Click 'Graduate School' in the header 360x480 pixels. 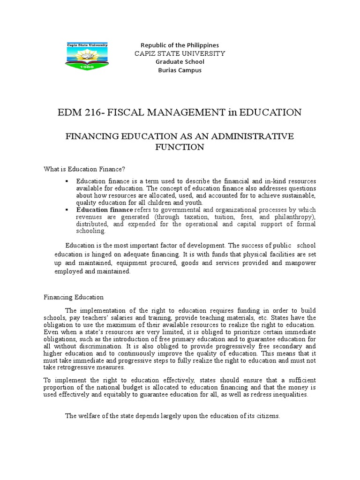[180, 62]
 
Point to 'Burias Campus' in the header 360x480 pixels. [180, 70]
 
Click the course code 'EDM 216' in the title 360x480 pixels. [75, 112]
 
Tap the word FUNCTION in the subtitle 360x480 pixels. [180, 147]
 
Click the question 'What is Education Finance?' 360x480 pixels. [85, 169]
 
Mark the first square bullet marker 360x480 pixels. [67, 181]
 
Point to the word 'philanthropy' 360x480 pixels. [293, 217]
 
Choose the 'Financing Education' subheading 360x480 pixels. [74, 297]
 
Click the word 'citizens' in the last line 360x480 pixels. [267, 415]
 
